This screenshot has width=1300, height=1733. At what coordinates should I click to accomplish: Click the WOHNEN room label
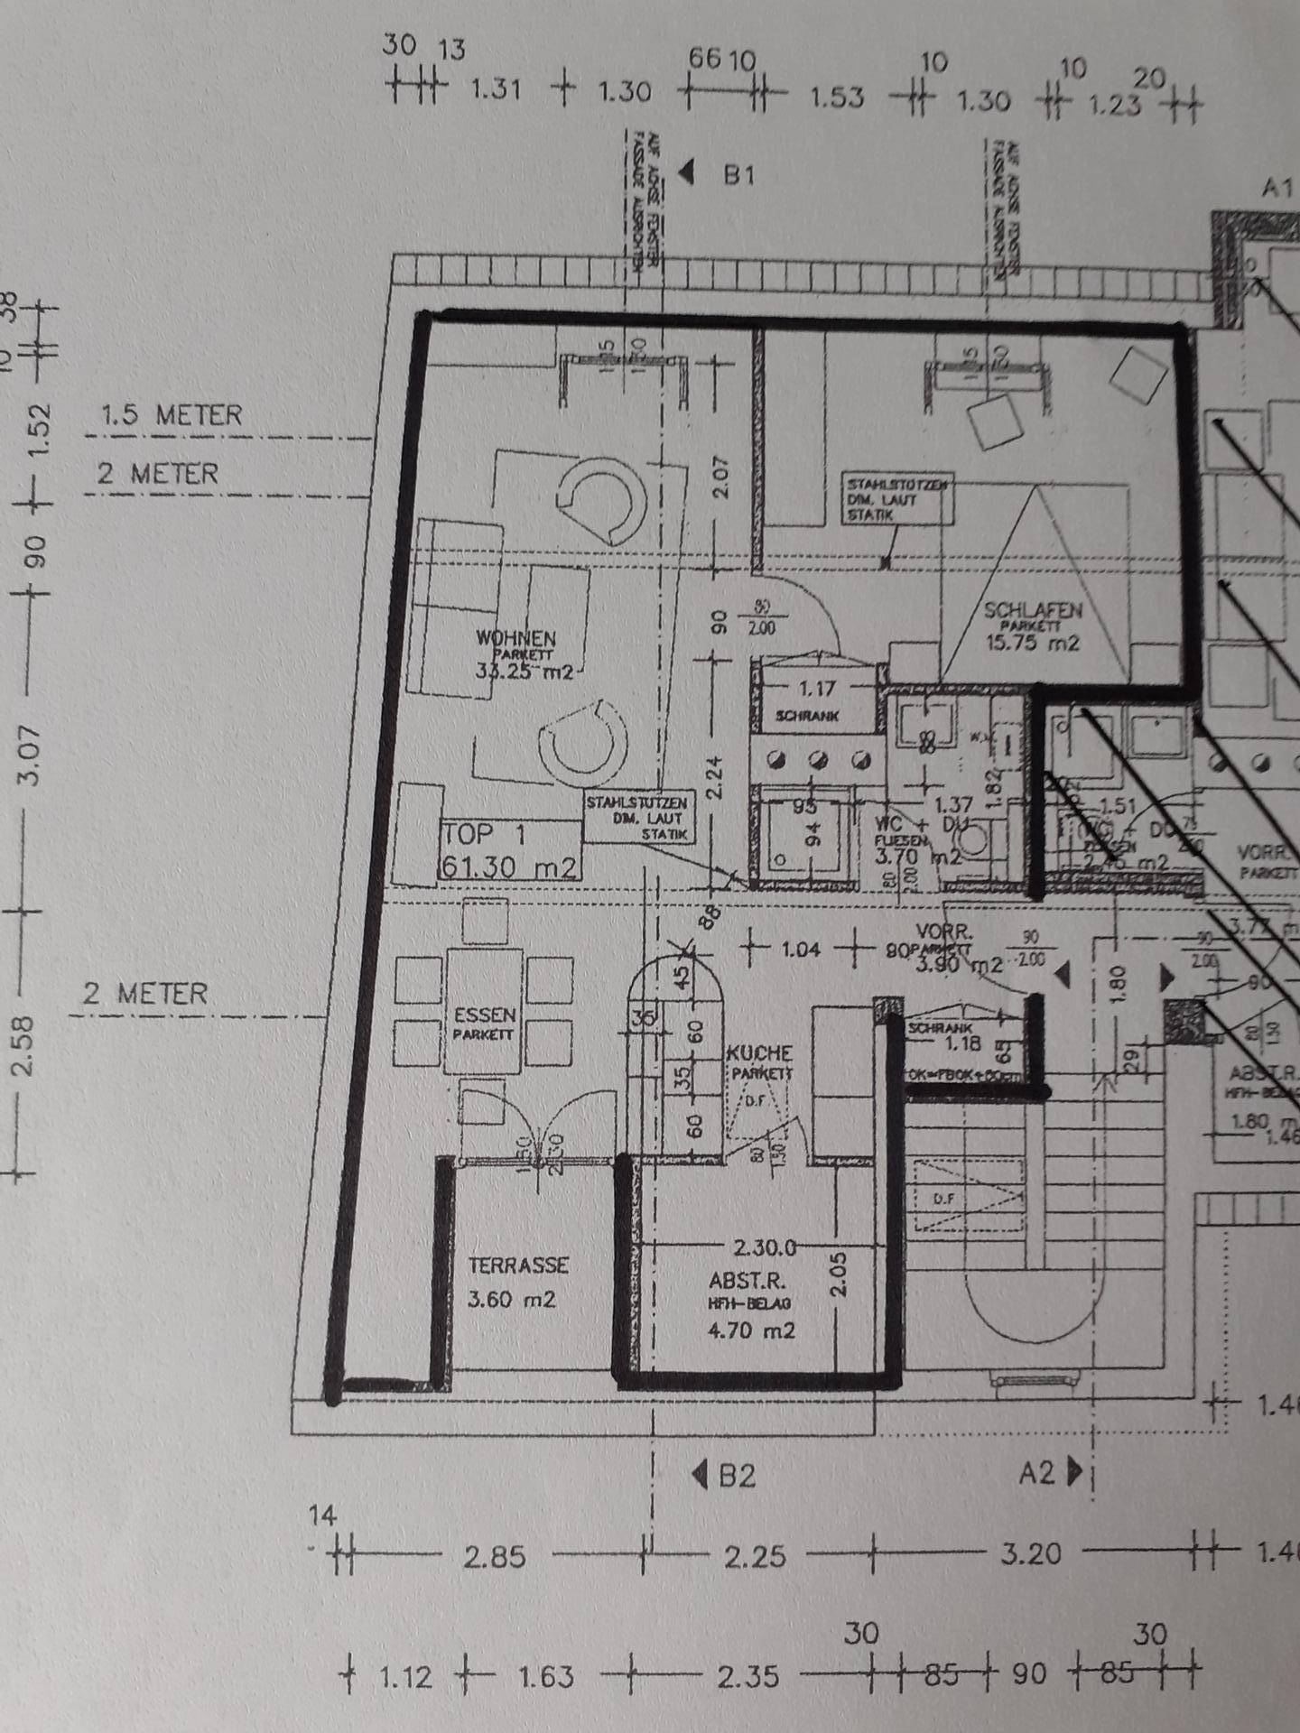click(x=516, y=638)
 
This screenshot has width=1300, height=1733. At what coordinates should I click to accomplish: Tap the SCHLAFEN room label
click(x=1033, y=610)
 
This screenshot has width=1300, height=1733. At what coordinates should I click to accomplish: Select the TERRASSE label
click(x=518, y=1265)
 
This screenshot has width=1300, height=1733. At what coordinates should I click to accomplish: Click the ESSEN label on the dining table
click(x=485, y=1015)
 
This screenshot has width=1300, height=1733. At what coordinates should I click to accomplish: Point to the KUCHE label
click(x=760, y=1053)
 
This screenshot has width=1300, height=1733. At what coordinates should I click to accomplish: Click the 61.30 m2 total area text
click(x=507, y=867)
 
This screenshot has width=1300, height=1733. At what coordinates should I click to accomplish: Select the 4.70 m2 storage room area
click(x=752, y=1330)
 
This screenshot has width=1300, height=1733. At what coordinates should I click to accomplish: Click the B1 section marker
click(x=738, y=174)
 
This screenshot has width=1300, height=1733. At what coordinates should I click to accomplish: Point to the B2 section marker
click(x=735, y=1476)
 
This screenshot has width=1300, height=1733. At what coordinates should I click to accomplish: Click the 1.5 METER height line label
click(x=172, y=415)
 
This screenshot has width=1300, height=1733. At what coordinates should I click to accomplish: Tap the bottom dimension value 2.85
click(x=494, y=1557)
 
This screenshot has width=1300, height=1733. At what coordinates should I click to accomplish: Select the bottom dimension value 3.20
click(x=1031, y=1554)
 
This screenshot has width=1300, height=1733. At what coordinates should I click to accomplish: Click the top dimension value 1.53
click(x=836, y=97)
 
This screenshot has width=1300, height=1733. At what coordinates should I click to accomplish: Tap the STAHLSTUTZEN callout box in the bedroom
click(x=896, y=499)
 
